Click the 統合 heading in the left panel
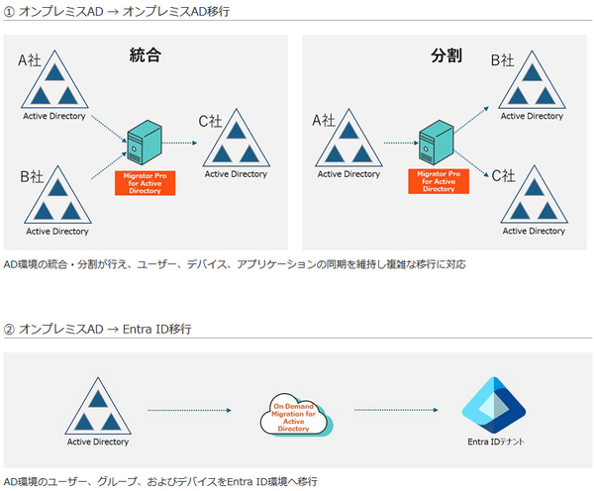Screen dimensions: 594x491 tap(146, 55)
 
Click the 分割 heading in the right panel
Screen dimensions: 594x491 tap(446, 55)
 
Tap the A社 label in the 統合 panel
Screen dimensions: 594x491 tap(30, 60)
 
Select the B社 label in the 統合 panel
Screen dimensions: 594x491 tap(32, 176)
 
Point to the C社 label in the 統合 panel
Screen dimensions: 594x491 tap(210, 121)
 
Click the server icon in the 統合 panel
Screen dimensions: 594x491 tap(145, 143)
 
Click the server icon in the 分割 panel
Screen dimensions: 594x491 tap(436, 143)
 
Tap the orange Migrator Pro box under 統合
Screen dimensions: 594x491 tap(146, 183)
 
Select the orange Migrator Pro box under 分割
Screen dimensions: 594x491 tap(439, 181)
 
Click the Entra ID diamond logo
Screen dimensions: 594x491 tap(494, 405)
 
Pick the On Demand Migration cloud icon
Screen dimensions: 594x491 tap(296, 415)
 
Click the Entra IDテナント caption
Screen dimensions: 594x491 tap(496, 442)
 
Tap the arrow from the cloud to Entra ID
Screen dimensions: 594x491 tap(396, 410)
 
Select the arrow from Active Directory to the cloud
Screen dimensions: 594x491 tap(189, 410)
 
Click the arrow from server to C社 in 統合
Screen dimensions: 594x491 tap(179, 143)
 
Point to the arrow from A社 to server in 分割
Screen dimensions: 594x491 tap(401, 143)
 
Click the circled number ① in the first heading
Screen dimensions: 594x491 tap(9, 12)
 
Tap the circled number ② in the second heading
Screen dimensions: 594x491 tap(9, 330)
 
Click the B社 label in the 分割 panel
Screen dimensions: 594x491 tap(503, 60)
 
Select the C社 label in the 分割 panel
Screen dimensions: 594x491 tap(504, 176)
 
